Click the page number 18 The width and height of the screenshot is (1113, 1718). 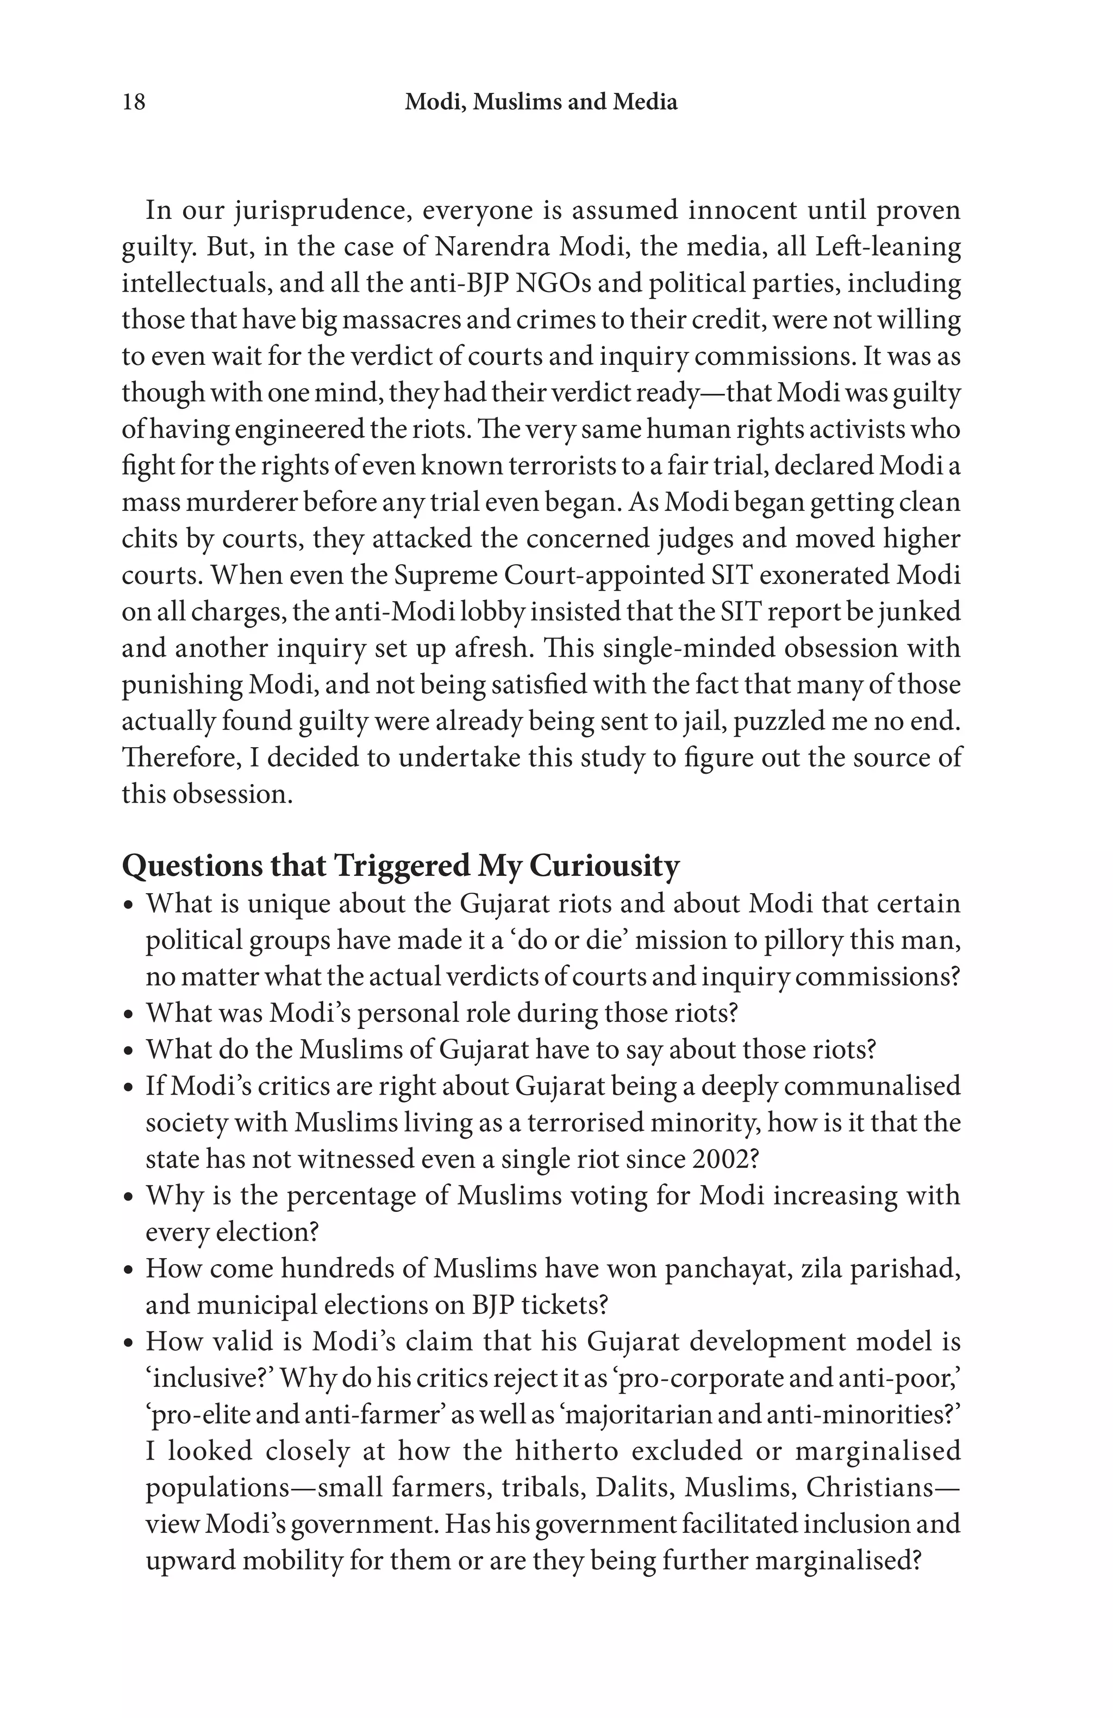(x=134, y=102)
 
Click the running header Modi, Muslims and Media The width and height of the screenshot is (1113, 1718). (x=541, y=102)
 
